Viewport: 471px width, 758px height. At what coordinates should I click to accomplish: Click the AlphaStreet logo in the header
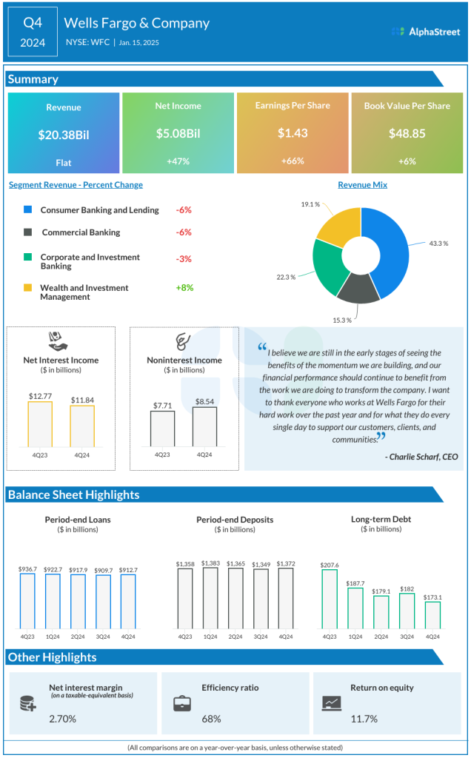pyautogui.click(x=425, y=31)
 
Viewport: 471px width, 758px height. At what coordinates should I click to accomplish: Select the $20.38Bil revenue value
pyautogui.click(x=64, y=135)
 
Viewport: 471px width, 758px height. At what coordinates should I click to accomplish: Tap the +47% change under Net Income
pyautogui.click(x=178, y=161)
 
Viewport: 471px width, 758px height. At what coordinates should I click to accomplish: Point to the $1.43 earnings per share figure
pyautogui.click(x=292, y=134)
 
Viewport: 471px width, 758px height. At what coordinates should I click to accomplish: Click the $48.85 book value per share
pyautogui.click(x=407, y=134)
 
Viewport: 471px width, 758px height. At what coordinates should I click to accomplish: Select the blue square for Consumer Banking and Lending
pyautogui.click(x=28, y=210)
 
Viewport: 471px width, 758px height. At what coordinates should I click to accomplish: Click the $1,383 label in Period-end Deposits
pyautogui.click(x=210, y=563)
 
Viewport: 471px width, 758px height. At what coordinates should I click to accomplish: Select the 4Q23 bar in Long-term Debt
pyautogui.click(x=329, y=599)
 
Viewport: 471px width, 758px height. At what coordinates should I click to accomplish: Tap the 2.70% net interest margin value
pyautogui.click(x=62, y=719)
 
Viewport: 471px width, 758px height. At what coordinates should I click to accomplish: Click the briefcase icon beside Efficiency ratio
pyautogui.click(x=181, y=703)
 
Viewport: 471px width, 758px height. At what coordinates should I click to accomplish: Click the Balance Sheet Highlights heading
pyautogui.click(x=74, y=494)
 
